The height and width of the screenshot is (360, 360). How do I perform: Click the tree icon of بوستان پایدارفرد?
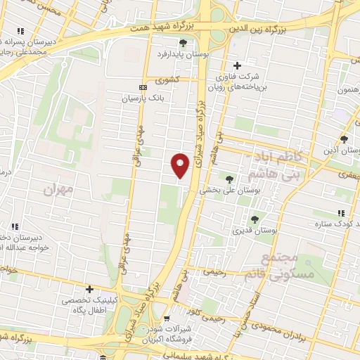(x=184, y=44)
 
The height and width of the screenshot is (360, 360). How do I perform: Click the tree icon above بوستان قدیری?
(x=255, y=219)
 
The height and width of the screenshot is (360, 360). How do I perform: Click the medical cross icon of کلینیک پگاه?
(x=89, y=289)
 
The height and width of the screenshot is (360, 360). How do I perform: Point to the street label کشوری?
(x=169, y=79)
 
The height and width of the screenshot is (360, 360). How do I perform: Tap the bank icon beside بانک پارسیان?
(x=144, y=88)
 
